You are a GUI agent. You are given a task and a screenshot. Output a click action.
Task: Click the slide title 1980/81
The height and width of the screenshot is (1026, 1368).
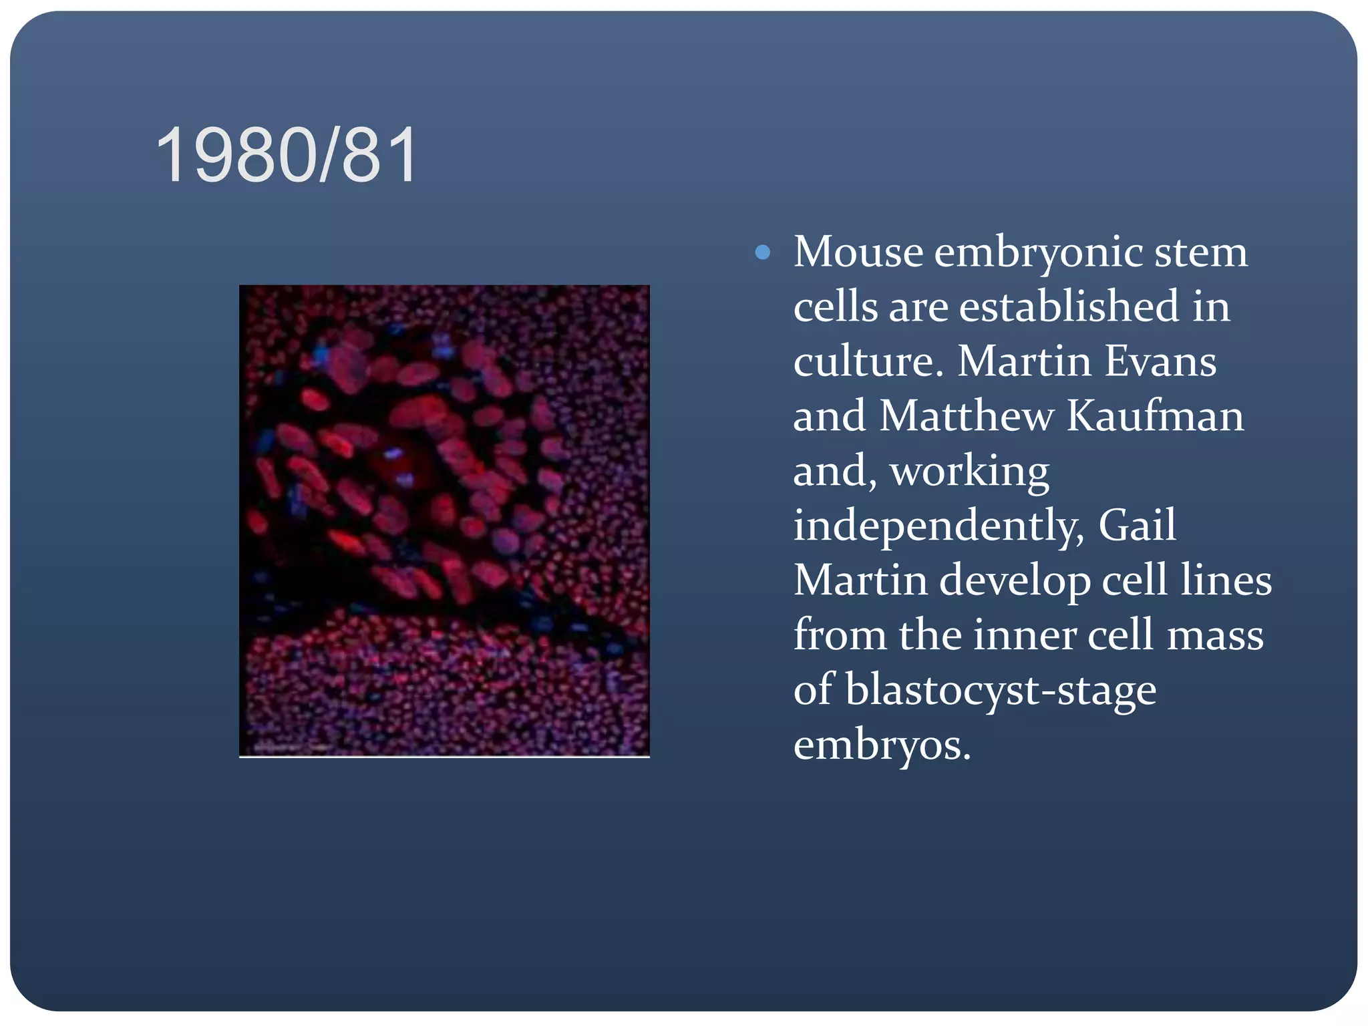(x=287, y=156)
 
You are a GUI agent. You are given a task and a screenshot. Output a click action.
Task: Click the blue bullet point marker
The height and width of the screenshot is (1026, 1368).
(x=762, y=252)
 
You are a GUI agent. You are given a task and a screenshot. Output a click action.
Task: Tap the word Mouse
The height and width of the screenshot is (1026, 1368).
(x=858, y=252)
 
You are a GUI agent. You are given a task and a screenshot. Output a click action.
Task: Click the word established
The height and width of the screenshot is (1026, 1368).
(x=1069, y=307)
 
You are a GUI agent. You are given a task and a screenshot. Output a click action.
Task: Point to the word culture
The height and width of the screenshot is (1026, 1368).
(x=867, y=361)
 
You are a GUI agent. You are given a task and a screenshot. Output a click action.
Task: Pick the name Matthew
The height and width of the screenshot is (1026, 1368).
(x=966, y=416)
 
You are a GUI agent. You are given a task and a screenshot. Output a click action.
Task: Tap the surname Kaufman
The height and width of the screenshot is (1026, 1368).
(x=1155, y=416)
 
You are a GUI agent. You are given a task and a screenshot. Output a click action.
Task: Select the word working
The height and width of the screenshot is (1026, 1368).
(x=969, y=472)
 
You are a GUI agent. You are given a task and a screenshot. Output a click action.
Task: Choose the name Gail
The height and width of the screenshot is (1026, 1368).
(x=1137, y=526)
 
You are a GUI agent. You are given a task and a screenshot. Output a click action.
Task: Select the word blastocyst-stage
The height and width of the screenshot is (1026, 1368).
(x=1001, y=691)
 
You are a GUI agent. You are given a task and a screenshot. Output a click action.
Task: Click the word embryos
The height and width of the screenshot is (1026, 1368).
(x=881, y=745)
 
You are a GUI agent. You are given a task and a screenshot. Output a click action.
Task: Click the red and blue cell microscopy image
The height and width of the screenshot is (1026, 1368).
(x=444, y=521)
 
